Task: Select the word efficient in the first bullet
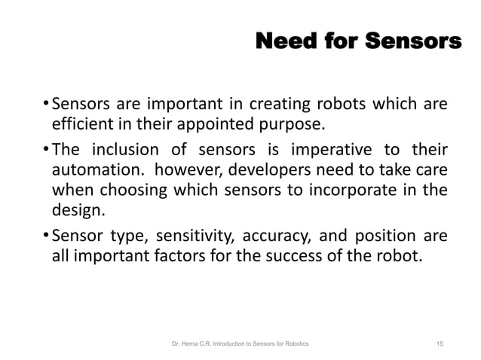(x=79, y=123)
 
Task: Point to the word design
(x=73, y=211)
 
